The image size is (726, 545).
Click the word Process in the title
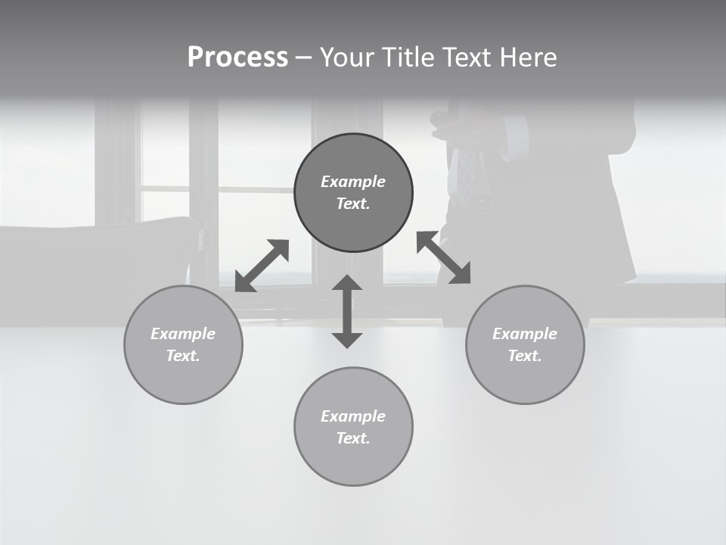click(x=237, y=58)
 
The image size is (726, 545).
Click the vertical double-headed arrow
click(x=347, y=311)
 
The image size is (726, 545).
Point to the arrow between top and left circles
click(x=262, y=266)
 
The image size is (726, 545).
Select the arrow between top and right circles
click(x=443, y=257)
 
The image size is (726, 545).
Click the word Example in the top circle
click(x=353, y=182)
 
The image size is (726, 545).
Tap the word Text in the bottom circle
click(x=353, y=438)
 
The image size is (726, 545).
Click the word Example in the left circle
click(x=183, y=334)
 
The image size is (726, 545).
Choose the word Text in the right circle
click(x=525, y=356)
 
